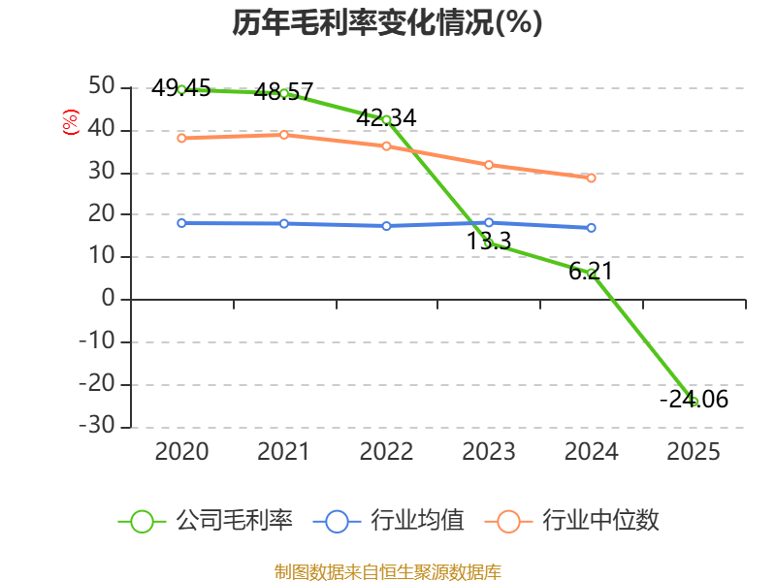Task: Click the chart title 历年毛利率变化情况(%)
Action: click(x=387, y=22)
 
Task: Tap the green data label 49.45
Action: click(x=181, y=87)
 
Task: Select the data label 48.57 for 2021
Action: click(x=283, y=91)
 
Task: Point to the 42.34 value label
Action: click(x=386, y=117)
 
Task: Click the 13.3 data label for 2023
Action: click(x=489, y=241)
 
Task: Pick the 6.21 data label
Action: click(x=591, y=272)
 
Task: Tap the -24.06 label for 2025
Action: click(x=694, y=400)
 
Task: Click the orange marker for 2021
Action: click(x=284, y=135)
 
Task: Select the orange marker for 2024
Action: click(x=592, y=178)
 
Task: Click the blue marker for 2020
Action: click(x=181, y=223)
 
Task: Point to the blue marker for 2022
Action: click(x=386, y=226)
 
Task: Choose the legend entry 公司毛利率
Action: click(x=206, y=521)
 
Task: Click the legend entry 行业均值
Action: click(x=389, y=521)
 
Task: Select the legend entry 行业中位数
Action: click(x=572, y=521)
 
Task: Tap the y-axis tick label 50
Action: click(x=102, y=85)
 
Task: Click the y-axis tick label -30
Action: click(x=97, y=425)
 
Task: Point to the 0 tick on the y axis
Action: click(x=108, y=299)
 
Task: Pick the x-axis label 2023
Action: click(x=489, y=452)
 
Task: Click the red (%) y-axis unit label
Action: click(x=70, y=122)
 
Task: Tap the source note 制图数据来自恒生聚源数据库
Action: click(x=388, y=572)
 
